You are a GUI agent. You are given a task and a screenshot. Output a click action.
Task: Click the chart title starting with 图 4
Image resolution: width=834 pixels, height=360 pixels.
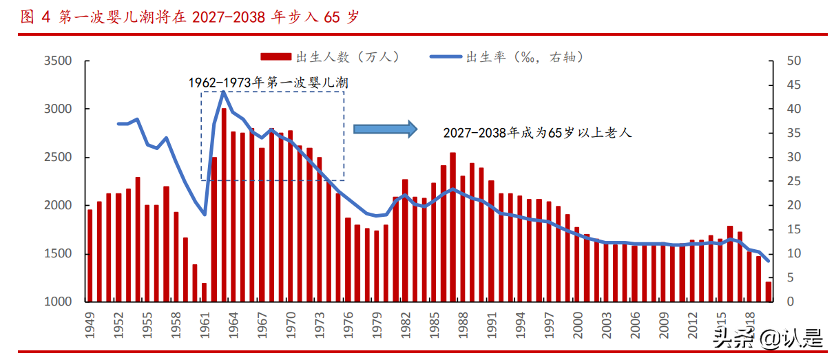click(189, 17)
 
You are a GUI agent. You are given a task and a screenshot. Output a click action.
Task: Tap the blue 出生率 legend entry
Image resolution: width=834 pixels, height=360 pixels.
click(506, 57)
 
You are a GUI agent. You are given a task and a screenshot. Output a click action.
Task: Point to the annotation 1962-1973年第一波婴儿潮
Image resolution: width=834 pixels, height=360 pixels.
click(269, 83)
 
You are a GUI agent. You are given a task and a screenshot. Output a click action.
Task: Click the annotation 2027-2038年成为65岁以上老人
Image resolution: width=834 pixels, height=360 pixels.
click(537, 133)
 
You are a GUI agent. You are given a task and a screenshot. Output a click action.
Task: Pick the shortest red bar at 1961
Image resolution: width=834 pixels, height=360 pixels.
click(205, 292)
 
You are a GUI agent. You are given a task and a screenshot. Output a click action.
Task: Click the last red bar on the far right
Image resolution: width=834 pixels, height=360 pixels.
click(769, 292)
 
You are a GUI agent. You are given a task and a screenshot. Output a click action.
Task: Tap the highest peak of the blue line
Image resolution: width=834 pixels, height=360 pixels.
click(223, 92)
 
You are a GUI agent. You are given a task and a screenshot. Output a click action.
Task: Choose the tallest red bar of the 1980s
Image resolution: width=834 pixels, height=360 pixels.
click(452, 227)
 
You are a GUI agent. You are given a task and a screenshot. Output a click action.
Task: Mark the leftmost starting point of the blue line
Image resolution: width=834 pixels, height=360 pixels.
click(118, 124)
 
